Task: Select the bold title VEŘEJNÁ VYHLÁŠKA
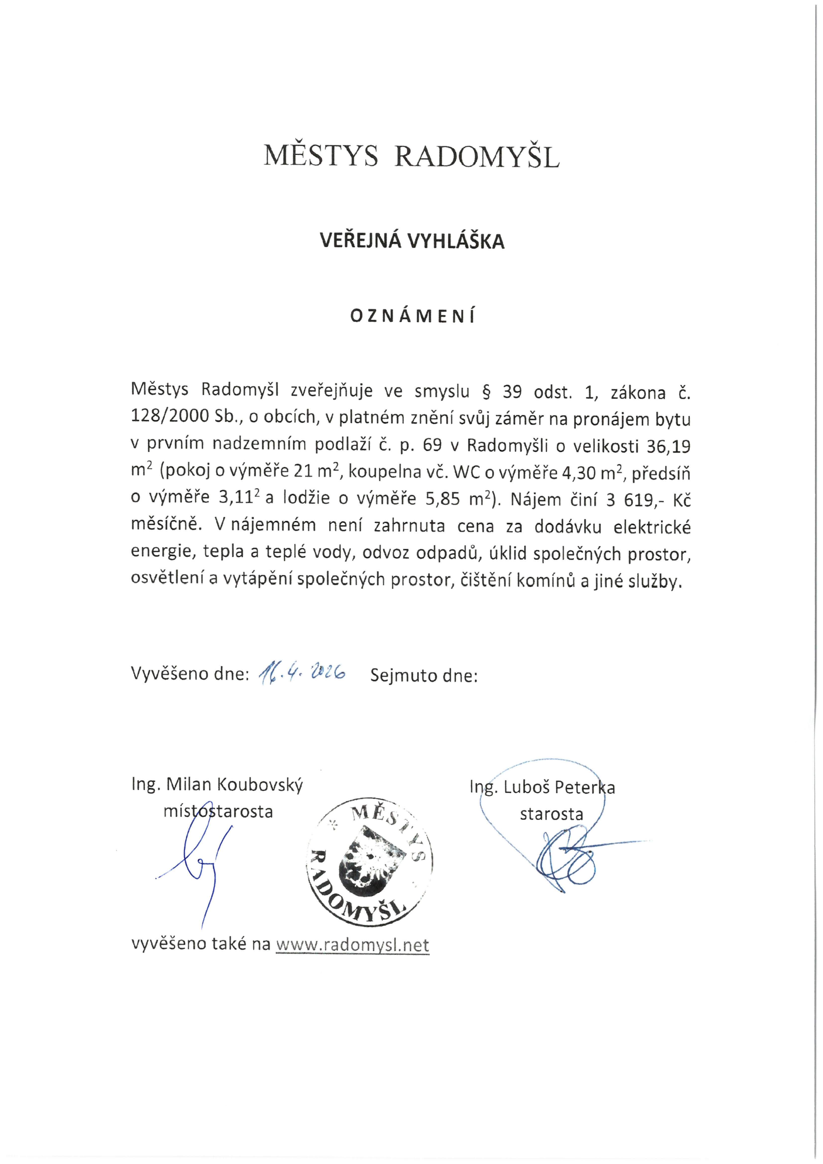[412, 241]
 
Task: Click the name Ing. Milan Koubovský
[217, 785]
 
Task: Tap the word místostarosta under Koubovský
[218, 812]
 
